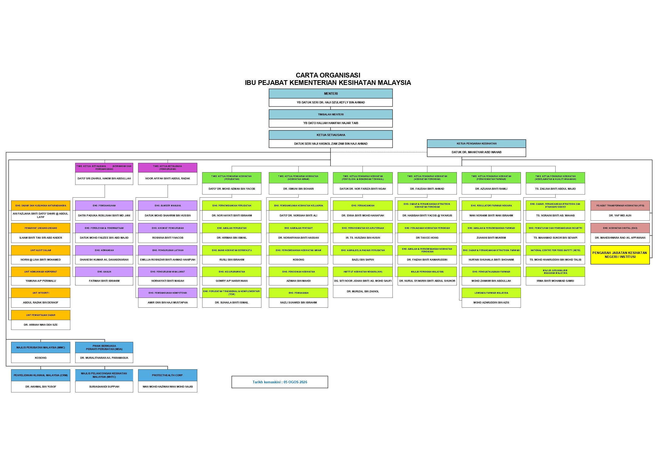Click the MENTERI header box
pos(330,93)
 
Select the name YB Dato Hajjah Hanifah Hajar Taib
pos(330,123)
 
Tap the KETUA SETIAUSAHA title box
pos(330,135)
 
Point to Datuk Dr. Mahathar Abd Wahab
pos(476,152)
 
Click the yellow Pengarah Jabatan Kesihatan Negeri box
pos(620,255)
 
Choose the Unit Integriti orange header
pos(41,293)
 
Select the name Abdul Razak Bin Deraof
pos(41,302)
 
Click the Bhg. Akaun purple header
pos(104,272)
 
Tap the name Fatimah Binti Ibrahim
pos(104,281)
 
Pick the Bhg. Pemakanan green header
pos(298,293)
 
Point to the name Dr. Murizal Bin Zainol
pos(363,291)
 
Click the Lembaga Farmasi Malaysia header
pos(491,293)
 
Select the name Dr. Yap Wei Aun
pos(620,216)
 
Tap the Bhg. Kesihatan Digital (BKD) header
pos(620,228)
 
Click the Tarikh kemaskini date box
pos(280,382)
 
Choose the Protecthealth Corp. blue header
pos(168,375)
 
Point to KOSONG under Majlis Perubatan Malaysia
pos(41,358)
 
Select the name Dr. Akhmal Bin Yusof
pos(41,386)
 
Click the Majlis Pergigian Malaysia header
pos(427,272)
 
